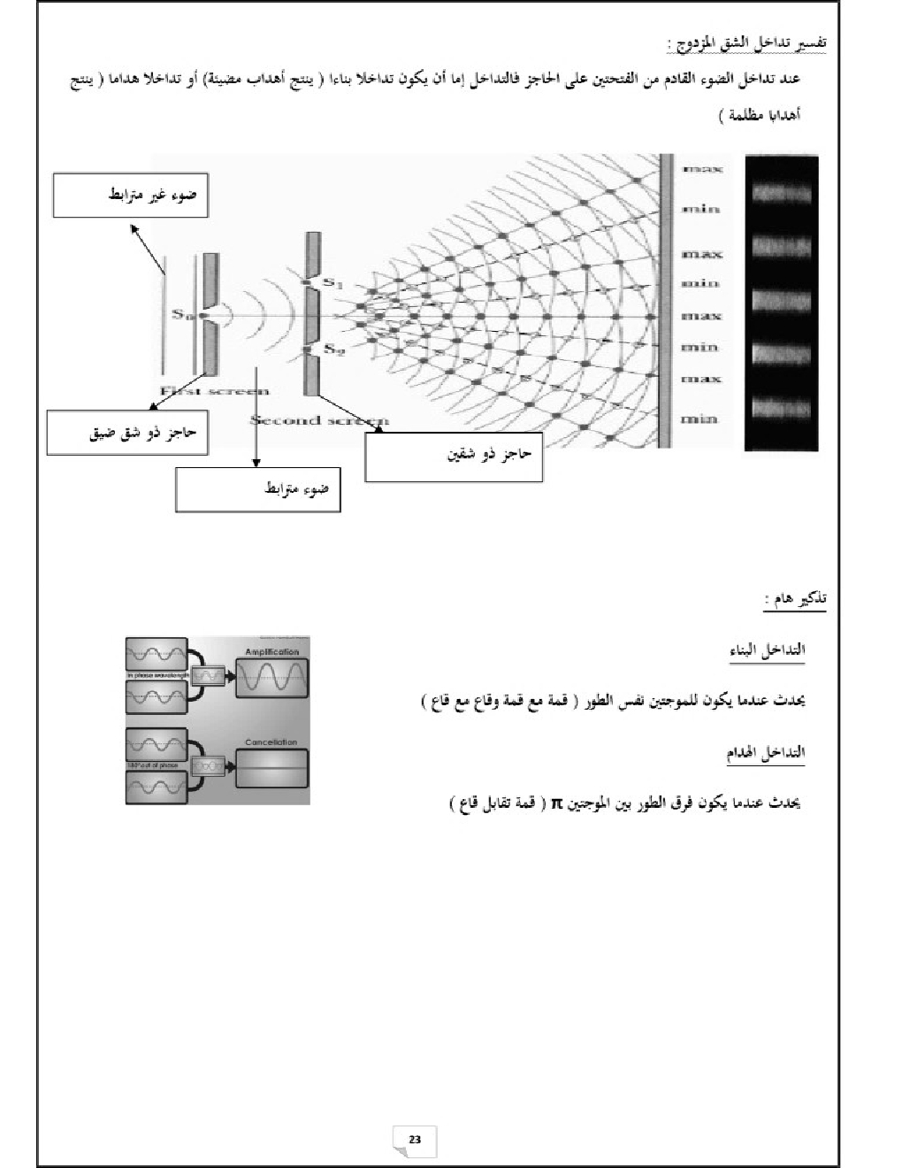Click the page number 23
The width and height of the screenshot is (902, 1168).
(x=415, y=1139)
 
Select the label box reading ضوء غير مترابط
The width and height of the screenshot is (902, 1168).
(x=130, y=195)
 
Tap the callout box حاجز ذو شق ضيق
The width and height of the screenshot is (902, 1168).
(x=127, y=433)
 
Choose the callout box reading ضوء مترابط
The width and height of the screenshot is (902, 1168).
(x=257, y=489)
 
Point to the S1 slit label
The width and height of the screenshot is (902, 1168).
(x=333, y=283)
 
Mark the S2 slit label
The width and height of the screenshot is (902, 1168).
(x=333, y=350)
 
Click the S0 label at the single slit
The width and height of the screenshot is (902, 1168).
(x=181, y=314)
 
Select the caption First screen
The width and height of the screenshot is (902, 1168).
(x=214, y=391)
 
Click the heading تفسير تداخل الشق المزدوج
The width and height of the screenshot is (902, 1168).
(x=747, y=43)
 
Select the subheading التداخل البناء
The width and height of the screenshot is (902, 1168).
(x=767, y=650)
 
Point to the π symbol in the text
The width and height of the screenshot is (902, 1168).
(x=557, y=803)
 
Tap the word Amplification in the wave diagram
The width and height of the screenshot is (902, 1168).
(x=272, y=652)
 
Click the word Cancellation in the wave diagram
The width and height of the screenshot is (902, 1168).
(x=272, y=742)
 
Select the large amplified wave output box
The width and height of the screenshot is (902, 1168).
(x=272, y=680)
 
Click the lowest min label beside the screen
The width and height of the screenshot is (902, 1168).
(x=699, y=419)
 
